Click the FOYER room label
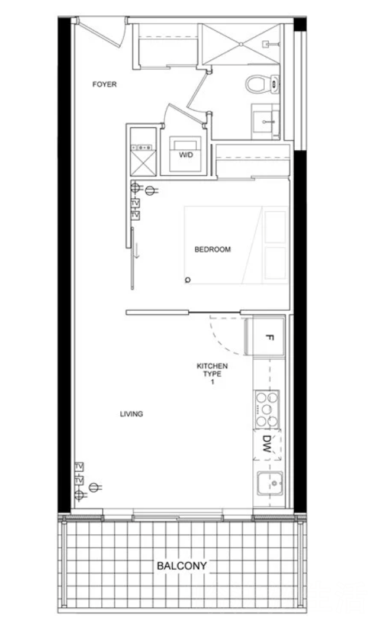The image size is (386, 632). [x=104, y=84]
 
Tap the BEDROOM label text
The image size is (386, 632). [x=213, y=250]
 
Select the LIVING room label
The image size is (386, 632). [x=131, y=414]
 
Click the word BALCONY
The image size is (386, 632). [x=182, y=566]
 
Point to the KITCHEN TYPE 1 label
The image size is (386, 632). [x=212, y=373]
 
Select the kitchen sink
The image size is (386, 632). [x=270, y=483]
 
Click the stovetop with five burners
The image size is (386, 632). [x=267, y=409]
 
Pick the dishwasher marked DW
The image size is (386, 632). [x=267, y=444]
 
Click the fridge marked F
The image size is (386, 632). [x=265, y=337]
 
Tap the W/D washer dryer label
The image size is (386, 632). [x=186, y=155]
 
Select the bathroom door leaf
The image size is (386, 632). [x=198, y=90]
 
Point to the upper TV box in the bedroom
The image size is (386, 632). [x=135, y=204]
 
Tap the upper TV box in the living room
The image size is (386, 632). [x=79, y=467]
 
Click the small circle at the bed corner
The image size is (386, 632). [x=188, y=280]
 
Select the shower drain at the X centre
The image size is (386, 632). [x=241, y=44]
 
